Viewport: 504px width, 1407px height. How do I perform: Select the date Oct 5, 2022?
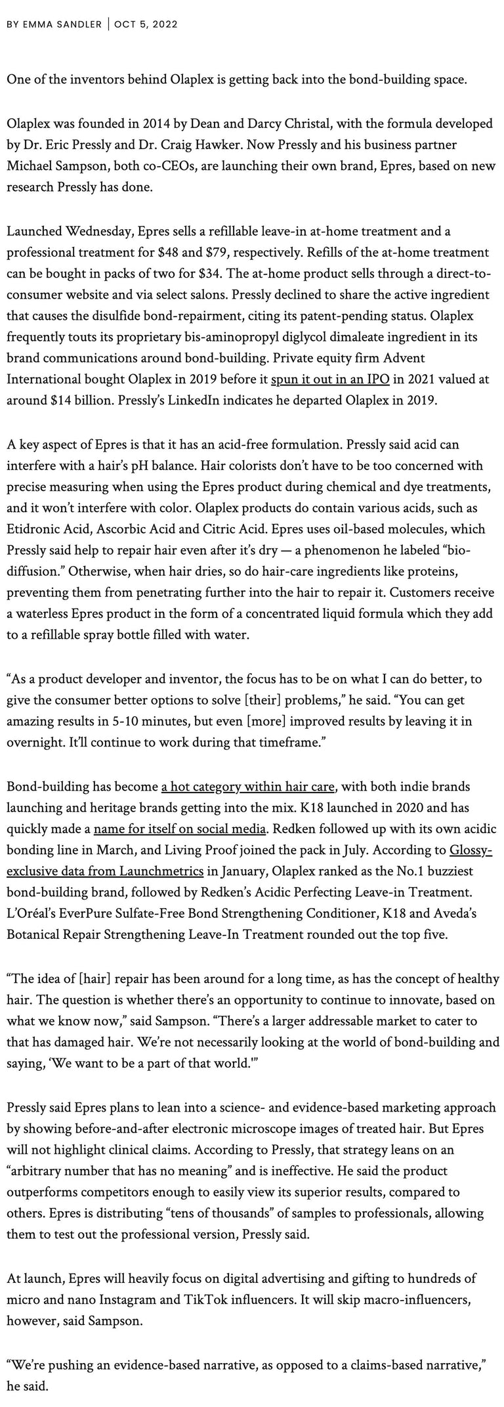[146, 24]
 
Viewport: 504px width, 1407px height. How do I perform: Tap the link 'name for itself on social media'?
[180, 829]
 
